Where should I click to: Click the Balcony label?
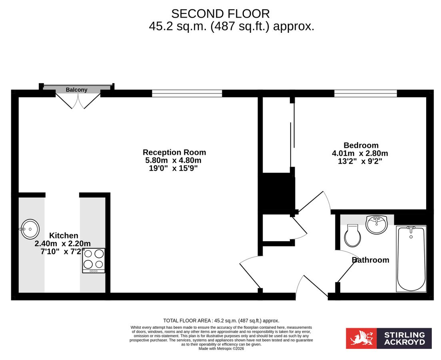pos(76,90)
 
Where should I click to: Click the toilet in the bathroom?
pos(353,236)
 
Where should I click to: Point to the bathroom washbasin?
pos(377,224)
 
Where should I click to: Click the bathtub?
pos(411,259)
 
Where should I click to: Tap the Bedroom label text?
pos(361,145)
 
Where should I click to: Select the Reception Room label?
pos(174,152)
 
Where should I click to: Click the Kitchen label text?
pos(64,236)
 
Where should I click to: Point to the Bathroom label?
pos(370,260)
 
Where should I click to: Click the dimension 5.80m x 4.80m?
pos(173,160)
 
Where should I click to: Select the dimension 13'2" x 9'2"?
pos(360,162)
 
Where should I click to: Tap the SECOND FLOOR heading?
pos(220,14)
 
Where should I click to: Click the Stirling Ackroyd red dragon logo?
pos(361,338)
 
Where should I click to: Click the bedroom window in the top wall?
pos(365,93)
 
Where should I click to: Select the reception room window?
pos(187,93)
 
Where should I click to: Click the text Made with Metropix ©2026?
pos(221,348)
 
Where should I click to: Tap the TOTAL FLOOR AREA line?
pos(221,321)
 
